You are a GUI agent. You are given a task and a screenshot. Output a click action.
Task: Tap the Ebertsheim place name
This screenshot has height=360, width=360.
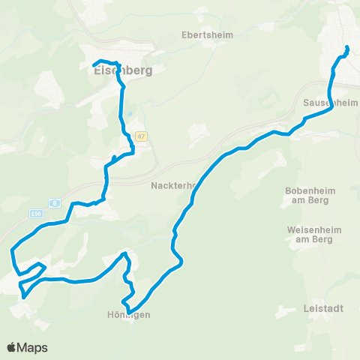(207, 34)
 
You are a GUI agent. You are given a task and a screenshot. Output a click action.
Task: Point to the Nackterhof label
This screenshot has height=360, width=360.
(173, 185)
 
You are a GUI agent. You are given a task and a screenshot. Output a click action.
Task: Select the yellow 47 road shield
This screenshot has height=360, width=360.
(142, 136)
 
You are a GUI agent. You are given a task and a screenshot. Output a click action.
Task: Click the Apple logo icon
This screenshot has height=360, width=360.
(13, 347)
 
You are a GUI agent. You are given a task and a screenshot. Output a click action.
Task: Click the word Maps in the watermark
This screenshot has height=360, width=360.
(33, 347)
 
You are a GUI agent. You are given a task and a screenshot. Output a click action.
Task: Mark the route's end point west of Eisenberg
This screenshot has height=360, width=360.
(94, 65)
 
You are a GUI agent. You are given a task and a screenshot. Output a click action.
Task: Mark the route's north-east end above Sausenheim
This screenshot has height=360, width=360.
(347, 48)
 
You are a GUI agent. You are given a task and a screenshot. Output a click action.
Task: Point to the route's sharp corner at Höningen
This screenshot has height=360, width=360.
(128, 311)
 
